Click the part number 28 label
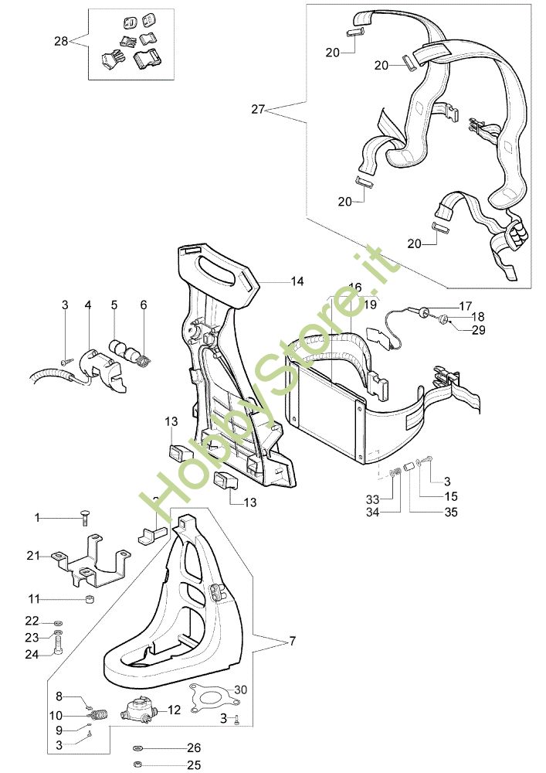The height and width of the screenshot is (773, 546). point(61,42)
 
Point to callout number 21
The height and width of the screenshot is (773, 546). point(33,556)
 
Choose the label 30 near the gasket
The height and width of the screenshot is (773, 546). point(240,689)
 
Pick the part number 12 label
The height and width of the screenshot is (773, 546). point(175,709)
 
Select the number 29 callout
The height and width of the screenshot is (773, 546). point(478,330)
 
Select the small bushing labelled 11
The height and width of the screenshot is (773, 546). point(90,600)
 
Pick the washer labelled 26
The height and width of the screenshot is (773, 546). point(137,748)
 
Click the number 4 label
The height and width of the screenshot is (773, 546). point(88,305)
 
